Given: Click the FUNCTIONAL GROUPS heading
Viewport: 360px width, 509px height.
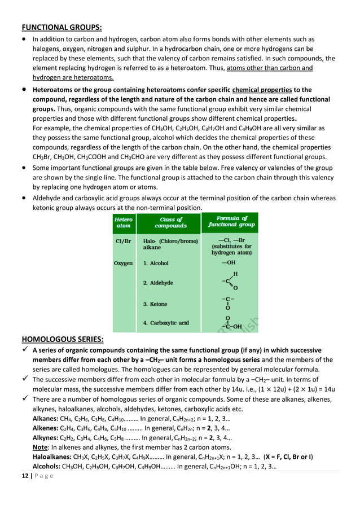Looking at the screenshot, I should [x=62, y=27].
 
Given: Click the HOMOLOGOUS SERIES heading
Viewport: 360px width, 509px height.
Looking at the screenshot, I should [x=62, y=339].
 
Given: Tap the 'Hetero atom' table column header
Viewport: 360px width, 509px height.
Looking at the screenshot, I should [x=124, y=222].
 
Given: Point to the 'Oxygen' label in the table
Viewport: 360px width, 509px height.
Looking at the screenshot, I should [x=124, y=263].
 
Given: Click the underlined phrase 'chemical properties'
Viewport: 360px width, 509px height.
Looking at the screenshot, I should [x=262, y=90].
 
